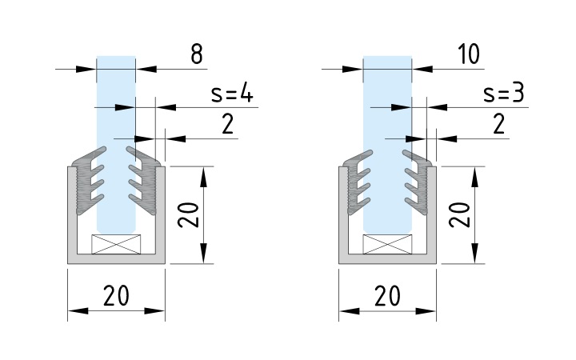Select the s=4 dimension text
point(232,94)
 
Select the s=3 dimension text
point(503,94)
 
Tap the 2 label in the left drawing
point(206,124)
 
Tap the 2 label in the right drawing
point(498,124)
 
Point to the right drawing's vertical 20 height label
point(459,214)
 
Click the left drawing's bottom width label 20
point(117,296)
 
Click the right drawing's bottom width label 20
point(388,296)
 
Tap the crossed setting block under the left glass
point(116,244)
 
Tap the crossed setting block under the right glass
point(387,244)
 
